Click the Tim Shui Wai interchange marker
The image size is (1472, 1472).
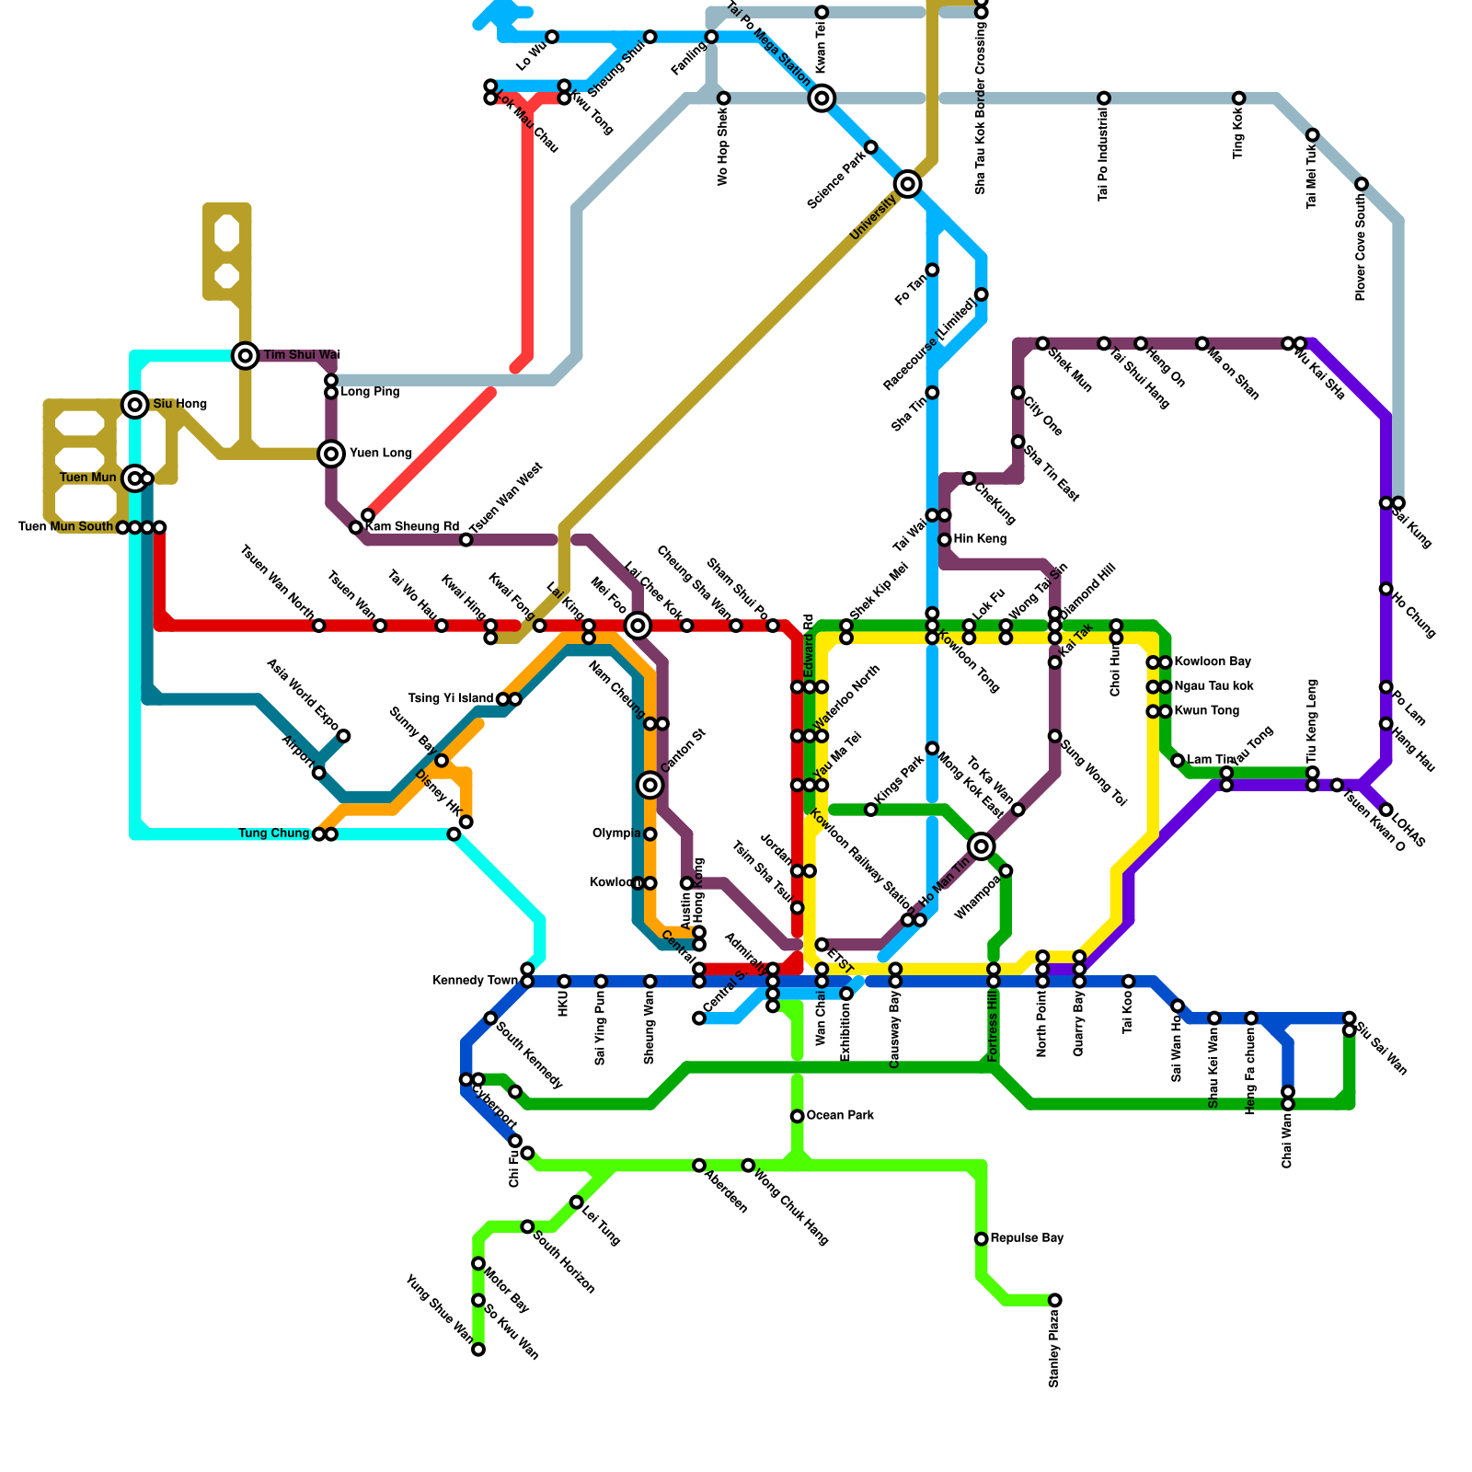pyautogui.click(x=245, y=355)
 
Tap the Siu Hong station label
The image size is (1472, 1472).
pyautogui.click(x=179, y=404)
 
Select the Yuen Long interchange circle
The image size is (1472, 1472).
pyautogui.click(x=331, y=454)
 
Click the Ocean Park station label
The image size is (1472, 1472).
pyautogui.click(x=840, y=1116)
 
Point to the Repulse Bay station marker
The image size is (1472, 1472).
pyautogui.click(x=982, y=1239)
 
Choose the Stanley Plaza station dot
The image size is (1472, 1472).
pyautogui.click(x=1055, y=1300)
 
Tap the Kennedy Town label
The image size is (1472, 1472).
pyautogui.click(x=475, y=981)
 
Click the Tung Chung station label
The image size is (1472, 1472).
pyautogui.click(x=273, y=834)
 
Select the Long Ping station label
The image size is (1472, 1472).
pyautogui.click(x=370, y=392)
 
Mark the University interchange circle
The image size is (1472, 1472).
pyautogui.click(x=908, y=184)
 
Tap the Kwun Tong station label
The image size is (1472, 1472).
pyautogui.click(x=1206, y=711)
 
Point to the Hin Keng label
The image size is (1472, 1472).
pyautogui.click(x=980, y=539)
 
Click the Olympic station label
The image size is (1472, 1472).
pyautogui.click(x=616, y=834)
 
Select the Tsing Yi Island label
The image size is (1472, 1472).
pyautogui.click(x=451, y=699)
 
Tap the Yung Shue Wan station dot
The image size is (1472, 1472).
pyautogui.click(x=478, y=1350)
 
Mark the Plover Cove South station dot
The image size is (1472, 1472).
pyautogui.click(x=1362, y=185)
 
